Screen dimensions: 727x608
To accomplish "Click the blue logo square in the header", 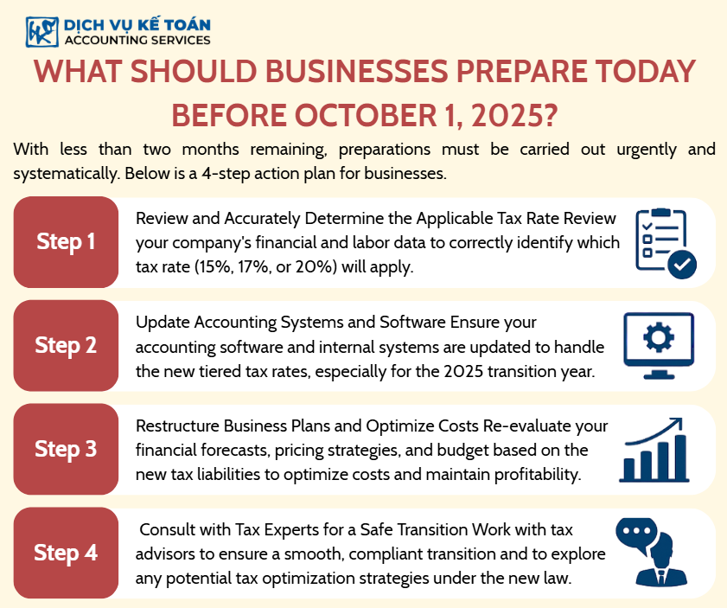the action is (42, 32).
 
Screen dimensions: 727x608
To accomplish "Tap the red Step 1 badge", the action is (66, 242).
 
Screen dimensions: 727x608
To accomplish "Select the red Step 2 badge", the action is (66, 345).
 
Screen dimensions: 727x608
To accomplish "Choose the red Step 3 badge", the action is (66, 450).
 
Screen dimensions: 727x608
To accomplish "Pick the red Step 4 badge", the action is (66, 553).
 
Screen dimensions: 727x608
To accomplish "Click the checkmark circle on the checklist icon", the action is (682, 265).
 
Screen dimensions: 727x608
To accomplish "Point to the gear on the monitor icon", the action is (659, 336).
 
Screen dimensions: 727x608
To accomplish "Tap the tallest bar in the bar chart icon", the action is (680, 458).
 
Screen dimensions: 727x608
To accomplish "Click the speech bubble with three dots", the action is (636, 535).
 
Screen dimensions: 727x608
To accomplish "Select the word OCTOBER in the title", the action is (365, 116).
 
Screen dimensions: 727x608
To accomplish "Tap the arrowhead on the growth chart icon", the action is (677, 423).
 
